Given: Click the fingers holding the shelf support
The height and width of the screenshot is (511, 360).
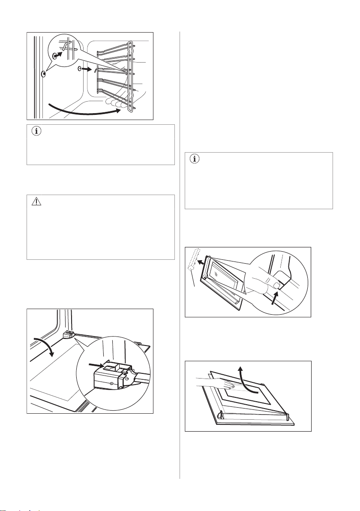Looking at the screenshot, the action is (x=116, y=103).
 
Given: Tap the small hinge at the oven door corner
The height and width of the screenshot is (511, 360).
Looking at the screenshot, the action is (x=66, y=333).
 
